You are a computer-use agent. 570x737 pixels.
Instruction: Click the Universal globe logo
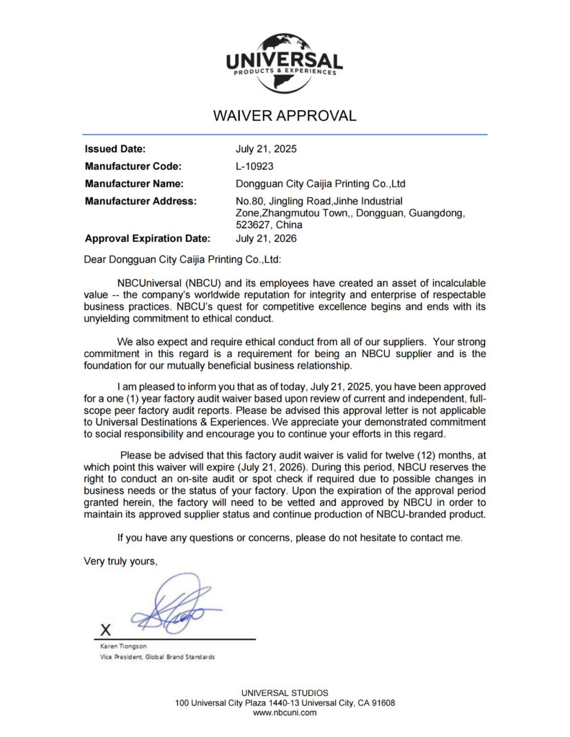point(285,62)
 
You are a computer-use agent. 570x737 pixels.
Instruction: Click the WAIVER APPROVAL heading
point(285,115)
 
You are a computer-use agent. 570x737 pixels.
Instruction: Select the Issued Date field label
point(115,150)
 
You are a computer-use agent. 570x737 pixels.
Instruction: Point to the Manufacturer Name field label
point(134,184)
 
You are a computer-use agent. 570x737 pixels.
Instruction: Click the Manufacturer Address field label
point(141,201)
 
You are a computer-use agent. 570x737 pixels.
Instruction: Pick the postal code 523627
point(251,225)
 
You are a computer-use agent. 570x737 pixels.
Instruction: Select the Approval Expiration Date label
point(148,239)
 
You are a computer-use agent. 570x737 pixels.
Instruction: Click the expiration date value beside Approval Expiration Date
point(266,239)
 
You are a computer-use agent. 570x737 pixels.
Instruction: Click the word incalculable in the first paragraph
point(450,283)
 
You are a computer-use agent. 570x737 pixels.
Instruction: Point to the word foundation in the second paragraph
point(111,366)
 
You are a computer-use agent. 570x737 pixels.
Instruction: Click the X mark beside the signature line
point(105,630)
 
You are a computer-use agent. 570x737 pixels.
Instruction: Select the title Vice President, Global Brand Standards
point(157,657)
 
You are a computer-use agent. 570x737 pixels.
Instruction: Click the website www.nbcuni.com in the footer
point(285,713)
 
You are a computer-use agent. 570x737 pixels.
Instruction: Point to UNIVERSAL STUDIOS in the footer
point(285,693)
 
